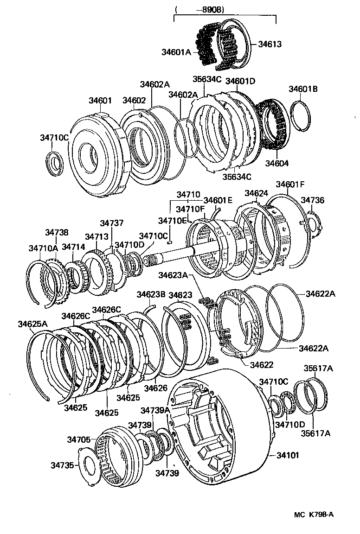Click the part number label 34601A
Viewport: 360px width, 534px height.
pos(176,52)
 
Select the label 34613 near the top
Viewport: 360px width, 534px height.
pos(270,44)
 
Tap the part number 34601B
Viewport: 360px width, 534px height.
pos(303,89)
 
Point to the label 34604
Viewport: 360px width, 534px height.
pos(277,163)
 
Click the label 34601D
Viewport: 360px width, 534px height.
pos(240,81)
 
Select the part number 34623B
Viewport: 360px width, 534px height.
pos(151,295)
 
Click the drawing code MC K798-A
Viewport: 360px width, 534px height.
pos(314,515)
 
